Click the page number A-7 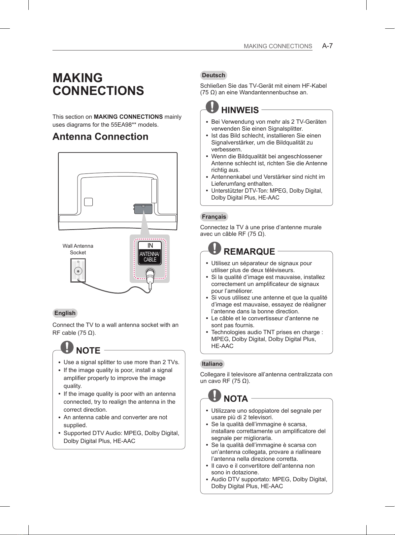pos(327,46)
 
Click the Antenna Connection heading pos(100,137)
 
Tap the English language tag pos(65,313)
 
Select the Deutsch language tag pos(214,75)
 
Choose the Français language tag pos(214,217)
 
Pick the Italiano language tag pos(212,364)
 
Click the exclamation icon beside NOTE pos(68,347)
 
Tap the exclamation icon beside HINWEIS pos(212,106)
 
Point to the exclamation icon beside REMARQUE pos(215,248)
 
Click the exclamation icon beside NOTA pos(215,395)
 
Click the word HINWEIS pos(240,110)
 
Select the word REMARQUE pos(249,252)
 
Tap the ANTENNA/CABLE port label pos(149,257)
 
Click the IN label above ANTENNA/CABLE pos(150,246)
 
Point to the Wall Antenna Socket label pos(78,249)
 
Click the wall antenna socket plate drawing pos(78,270)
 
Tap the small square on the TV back pos(88,202)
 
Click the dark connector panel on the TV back pos(143,208)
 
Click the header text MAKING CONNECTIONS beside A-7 pos(278,46)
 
